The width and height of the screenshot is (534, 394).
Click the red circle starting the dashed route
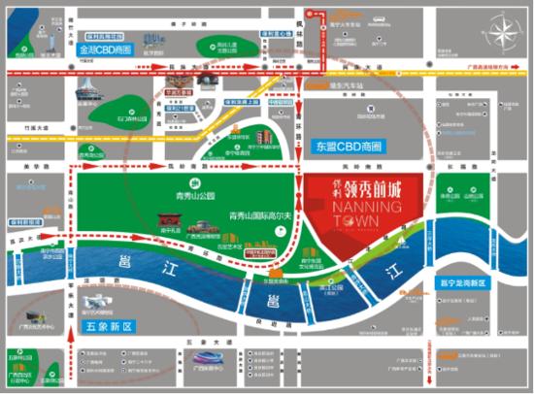point(311,14)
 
